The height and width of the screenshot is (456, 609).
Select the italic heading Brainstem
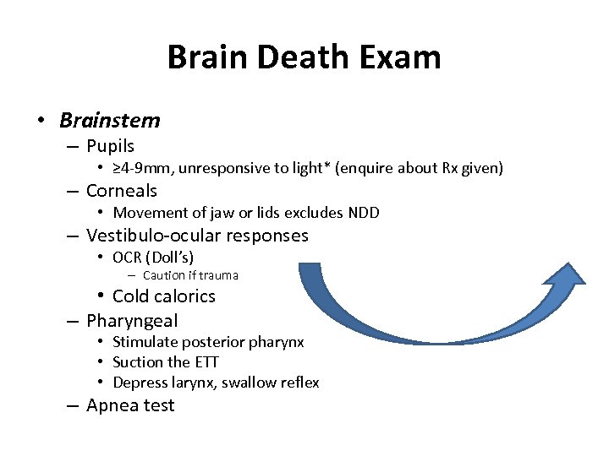[109, 120]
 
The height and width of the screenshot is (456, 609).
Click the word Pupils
[110, 147]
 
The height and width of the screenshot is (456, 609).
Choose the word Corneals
[122, 191]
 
